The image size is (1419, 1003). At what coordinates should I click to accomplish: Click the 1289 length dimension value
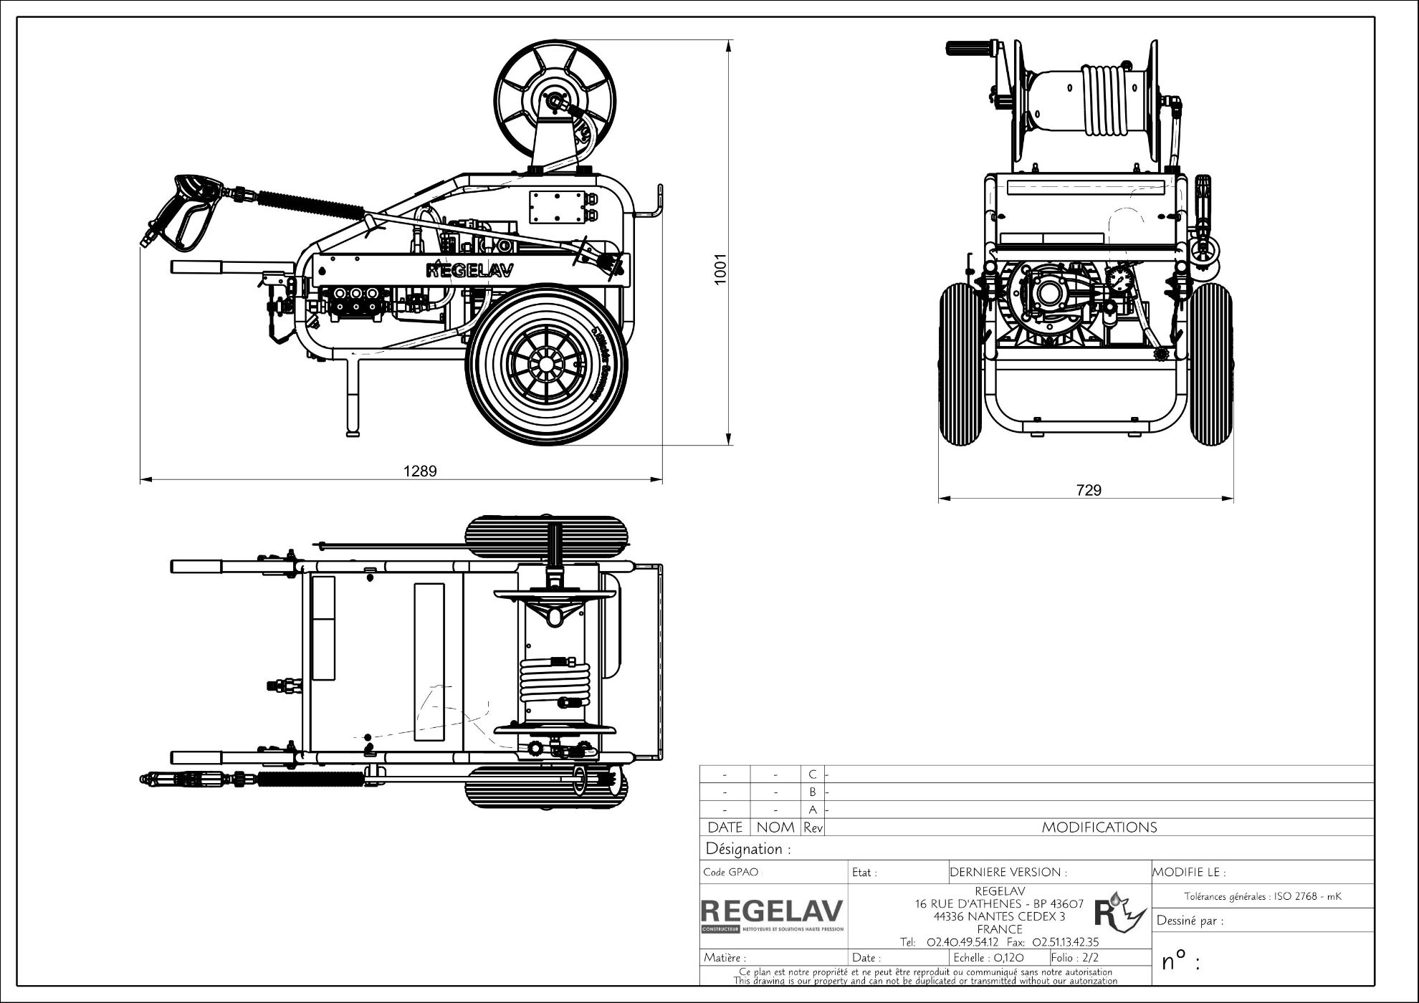click(x=419, y=471)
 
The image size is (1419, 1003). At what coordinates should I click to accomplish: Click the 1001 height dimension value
click(x=721, y=269)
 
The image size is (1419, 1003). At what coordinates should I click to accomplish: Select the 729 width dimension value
click(x=1089, y=491)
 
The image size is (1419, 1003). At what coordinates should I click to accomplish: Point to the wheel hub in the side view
click(x=546, y=365)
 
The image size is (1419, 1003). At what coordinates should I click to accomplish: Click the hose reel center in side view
click(x=553, y=101)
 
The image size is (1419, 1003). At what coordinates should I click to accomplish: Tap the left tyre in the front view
click(x=959, y=363)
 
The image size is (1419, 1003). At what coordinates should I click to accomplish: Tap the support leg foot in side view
click(x=353, y=432)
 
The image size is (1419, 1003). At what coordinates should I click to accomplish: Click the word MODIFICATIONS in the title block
click(x=1099, y=827)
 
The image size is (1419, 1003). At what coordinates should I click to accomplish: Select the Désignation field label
click(x=748, y=850)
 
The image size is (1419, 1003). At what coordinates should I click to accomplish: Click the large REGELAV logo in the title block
click(x=773, y=912)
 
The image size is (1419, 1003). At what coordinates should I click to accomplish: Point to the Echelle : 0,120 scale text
click(x=988, y=958)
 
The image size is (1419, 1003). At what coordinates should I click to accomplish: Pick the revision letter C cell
click(x=812, y=774)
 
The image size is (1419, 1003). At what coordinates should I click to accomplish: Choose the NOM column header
click(x=775, y=827)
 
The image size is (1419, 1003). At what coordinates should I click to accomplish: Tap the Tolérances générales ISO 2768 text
click(x=1262, y=896)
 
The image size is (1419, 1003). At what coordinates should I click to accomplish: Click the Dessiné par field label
click(x=1190, y=921)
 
